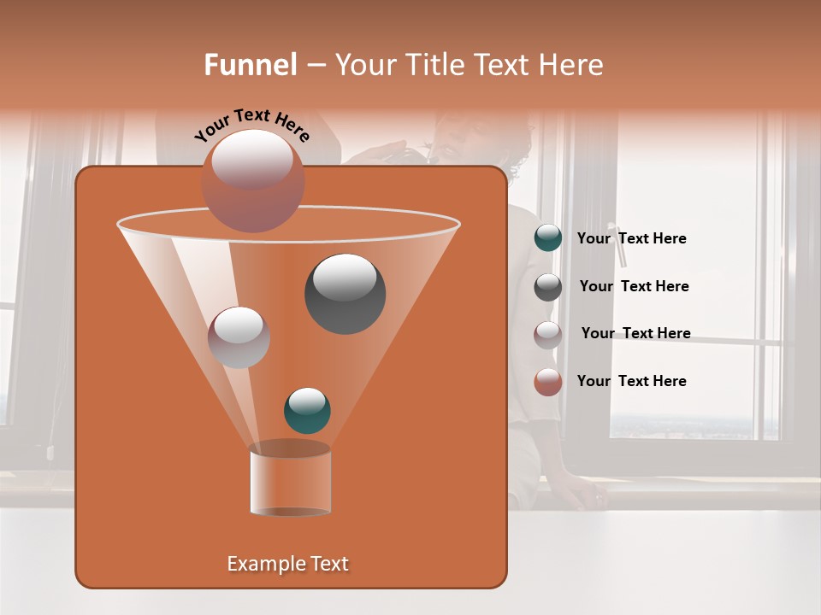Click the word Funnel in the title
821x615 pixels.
click(x=251, y=65)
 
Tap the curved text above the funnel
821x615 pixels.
click(x=252, y=125)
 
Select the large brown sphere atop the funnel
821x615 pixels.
click(x=252, y=181)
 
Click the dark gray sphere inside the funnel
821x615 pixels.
click(x=345, y=294)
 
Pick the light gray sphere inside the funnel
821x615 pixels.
click(x=239, y=337)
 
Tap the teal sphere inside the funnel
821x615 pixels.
click(x=307, y=411)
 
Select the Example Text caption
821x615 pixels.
click(x=287, y=564)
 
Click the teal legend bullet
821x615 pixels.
click(x=548, y=238)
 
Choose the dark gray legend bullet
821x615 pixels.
click(x=548, y=287)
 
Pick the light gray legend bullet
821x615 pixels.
click(x=548, y=334)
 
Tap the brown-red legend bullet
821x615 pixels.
click(x=548, y=382)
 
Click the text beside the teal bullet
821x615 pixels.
click(x=631, y=238)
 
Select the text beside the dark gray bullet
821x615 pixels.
click(x=634, y=286)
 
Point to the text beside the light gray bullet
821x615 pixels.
click(x=635, y=333)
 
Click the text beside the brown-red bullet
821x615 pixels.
click(x=631, y=381)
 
